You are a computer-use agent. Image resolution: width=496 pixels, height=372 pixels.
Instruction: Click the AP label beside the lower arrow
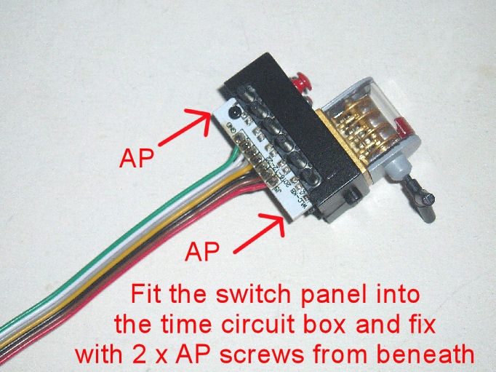[204, 253]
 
